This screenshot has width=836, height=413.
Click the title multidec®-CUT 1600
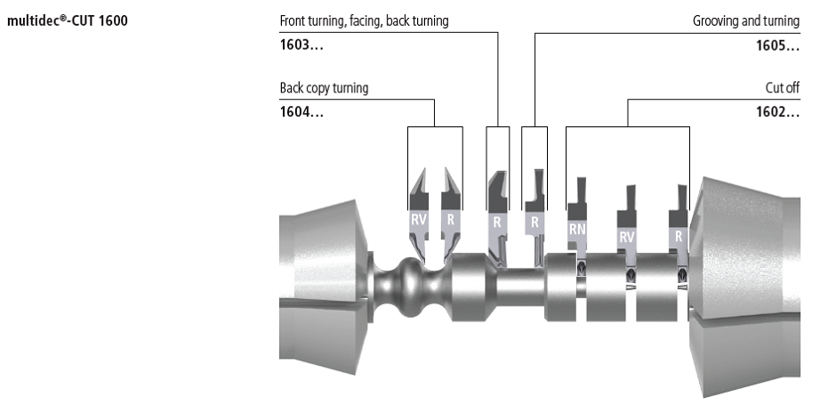pos(68,21)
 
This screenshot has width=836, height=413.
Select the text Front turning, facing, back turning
pos(364,20)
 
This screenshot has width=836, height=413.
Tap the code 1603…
pos(301,45)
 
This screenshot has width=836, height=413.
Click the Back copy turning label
pos(324,87)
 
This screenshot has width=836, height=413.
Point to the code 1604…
pos(301,112)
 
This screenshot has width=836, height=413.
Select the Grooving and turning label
pos(746,20)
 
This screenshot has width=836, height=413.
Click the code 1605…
pos(778,45)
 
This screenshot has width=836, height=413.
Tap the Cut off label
pos(782,87)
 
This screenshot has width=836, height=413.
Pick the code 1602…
pos(778,112)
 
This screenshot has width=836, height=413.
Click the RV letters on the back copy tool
pos(419,219)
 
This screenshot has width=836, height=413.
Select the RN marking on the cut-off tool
pos(577,230)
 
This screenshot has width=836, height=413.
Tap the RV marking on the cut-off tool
pos(626,237)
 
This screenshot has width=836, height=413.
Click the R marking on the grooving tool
pos(535,222)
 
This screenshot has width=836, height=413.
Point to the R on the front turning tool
pos(497,222)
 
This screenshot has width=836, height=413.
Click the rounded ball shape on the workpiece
pos(412,287)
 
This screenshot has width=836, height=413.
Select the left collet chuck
pos(324,287)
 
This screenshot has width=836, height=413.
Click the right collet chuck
pos(744,287)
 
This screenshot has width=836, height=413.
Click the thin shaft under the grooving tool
pos(521,287)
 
